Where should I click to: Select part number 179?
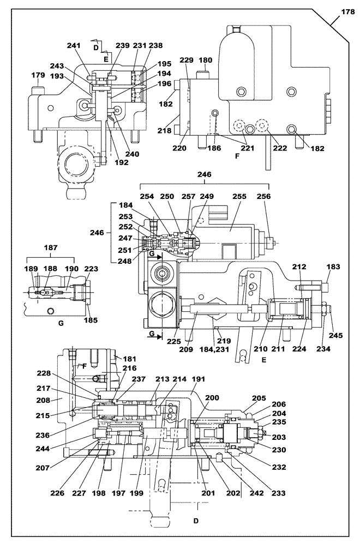(38, 75)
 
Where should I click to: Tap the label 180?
(205, 60)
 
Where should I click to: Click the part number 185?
(91, 320)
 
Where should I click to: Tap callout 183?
(333, 267)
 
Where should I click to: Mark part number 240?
(133, 154)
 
